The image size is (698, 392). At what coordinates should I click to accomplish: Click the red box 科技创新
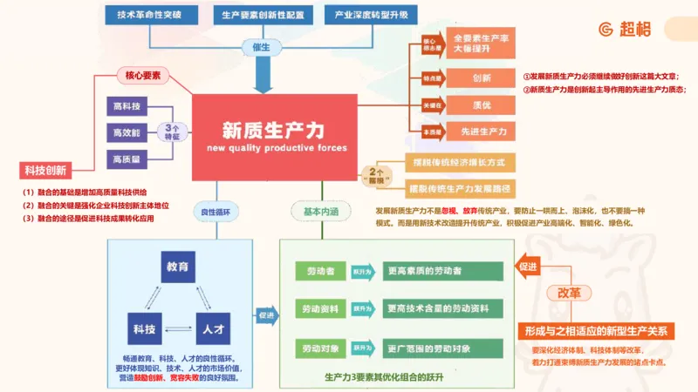45,170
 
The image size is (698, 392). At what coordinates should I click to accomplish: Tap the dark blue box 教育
177,267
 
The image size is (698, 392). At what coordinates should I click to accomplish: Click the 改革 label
568,293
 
